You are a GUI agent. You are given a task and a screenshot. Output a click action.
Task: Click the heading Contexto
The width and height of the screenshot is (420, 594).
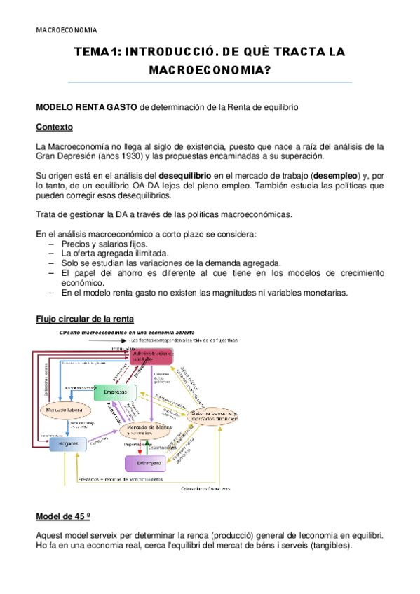tap(55, 127)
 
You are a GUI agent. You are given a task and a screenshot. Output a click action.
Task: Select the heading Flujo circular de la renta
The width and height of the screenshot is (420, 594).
tap(81, 319)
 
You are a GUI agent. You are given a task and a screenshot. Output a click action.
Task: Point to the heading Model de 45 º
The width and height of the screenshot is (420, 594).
tap(63, 517)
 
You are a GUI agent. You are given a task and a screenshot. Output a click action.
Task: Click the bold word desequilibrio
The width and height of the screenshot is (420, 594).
tap(186, 174)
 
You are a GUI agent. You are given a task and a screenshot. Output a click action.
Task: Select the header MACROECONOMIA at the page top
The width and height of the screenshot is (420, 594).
tap(66, 30)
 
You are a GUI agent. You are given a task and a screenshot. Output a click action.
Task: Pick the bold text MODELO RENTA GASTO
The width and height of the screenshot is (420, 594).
tap(87, 109)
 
